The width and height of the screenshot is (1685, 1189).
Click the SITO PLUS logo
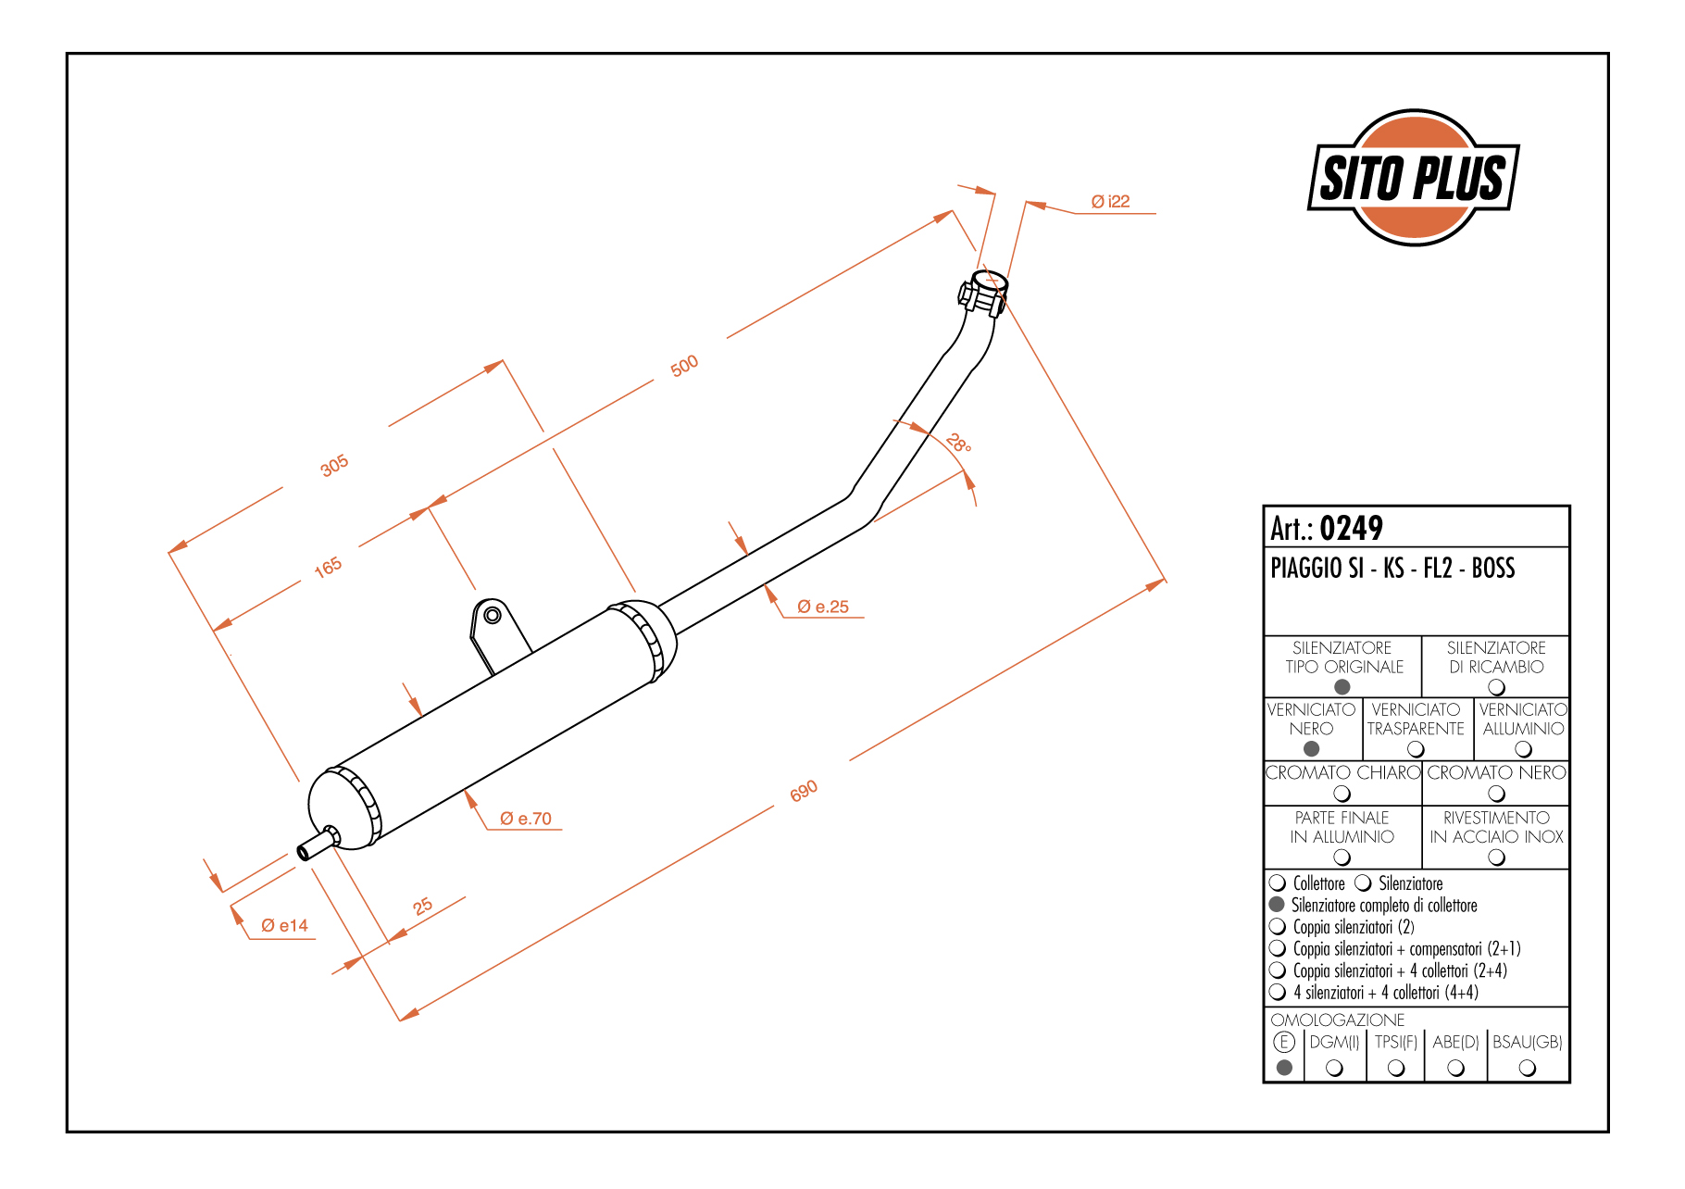click(x=1414, y=178)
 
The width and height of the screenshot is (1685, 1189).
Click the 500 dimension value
click(x=684, y=367)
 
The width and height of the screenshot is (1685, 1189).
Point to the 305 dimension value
click(x=334, y=466)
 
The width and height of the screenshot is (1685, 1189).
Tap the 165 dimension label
click(x=328, y=568)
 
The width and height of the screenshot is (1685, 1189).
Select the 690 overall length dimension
click(x=804, y=791)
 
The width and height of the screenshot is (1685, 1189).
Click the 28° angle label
click(x=959, y=444)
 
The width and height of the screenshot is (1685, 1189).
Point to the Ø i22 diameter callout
click(x=1110, y=201)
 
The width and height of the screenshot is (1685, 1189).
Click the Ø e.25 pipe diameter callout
click(x=823, y=607)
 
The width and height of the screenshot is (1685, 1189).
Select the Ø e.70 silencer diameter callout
click(x=525, y=819)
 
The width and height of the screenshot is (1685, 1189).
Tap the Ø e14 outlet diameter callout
click(x=284, y=925)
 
